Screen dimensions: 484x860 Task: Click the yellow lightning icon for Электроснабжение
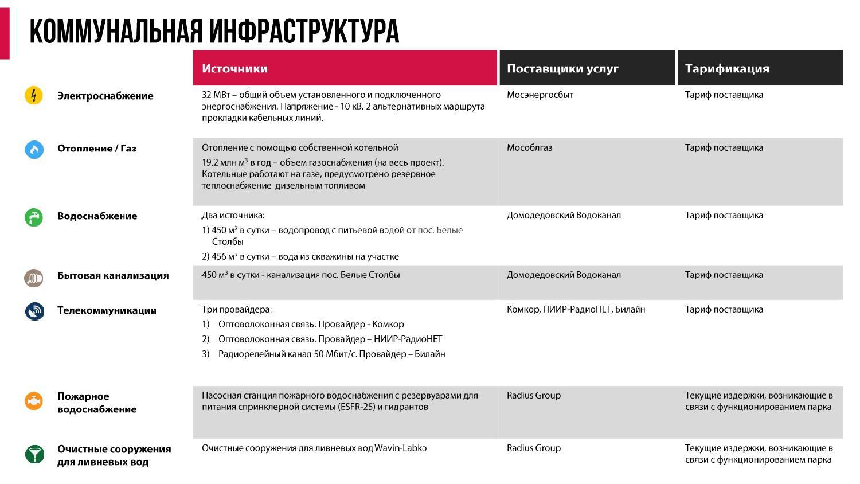[x=34, y=95]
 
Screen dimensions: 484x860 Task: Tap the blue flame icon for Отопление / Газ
[x=34, y=149]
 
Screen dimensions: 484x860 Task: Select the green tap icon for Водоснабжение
[x=34, y=217]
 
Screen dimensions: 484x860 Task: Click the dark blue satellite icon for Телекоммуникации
[x=34, y=311]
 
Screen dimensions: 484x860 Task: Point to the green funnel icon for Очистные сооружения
[x=34, y=454]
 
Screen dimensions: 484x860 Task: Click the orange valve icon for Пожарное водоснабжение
[x=34, y=400]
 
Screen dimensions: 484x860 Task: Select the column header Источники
[x=234, y=68]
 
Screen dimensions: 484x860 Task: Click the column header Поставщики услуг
[x=562, y=68]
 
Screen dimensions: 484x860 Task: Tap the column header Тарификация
[x=727, y=68]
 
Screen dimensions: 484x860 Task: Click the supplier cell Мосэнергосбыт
[x=540, y=95]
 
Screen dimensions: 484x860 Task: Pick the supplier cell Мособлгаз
[x=529, y=148]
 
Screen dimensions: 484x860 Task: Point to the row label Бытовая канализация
[x=113, y=275]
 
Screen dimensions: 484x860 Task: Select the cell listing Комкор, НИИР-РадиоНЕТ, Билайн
[x=576, y=310]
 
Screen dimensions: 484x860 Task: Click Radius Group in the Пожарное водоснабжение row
[x=533, y=396]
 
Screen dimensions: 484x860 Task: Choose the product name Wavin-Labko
[x=400, y=448]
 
